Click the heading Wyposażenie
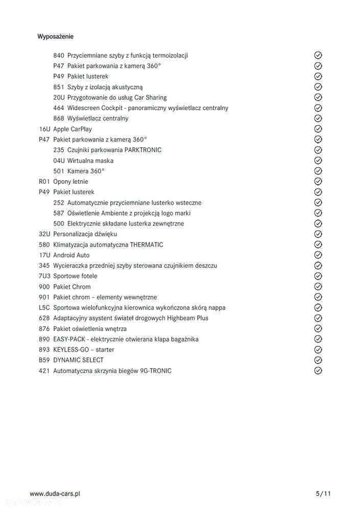[55, 36]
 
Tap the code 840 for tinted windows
[59, 55]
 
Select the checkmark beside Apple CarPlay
[318, 129]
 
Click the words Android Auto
[71, 255]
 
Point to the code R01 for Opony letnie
[44, 181]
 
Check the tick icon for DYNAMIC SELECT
[318, 360]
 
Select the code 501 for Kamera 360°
[59, 171]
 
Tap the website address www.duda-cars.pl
[55, 494]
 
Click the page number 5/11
[323, 494]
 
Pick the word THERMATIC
[147, 245]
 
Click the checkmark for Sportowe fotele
[318, 276]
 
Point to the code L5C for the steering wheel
[44, 308]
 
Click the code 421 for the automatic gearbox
[44, 370]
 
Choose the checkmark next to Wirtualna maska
[318, 160]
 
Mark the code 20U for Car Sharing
[59, 97]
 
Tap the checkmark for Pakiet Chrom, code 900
[318, 287]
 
